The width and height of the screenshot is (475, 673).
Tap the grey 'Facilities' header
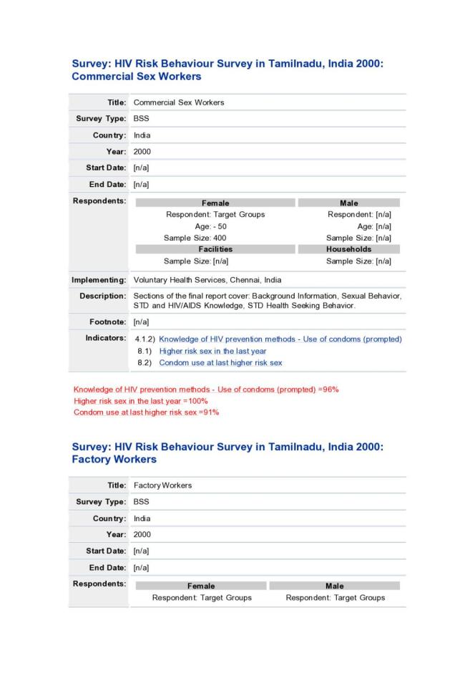point(215,249)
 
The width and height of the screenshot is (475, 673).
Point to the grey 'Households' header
point(348,249)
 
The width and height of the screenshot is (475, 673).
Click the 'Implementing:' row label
point(99,279)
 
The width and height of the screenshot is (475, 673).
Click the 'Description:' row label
point(102,296)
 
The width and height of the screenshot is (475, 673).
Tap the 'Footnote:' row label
point(107,322)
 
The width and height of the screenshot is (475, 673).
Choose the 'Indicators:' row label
point(105,338)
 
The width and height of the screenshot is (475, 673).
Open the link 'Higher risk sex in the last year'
point(212,351)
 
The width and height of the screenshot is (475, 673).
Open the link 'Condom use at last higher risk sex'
point(220,363)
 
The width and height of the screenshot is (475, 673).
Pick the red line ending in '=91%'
point(146,412)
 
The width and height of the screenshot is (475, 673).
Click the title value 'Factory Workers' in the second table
point(162,485)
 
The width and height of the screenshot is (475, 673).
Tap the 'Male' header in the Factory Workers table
point(334,586)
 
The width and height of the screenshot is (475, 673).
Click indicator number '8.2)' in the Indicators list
point(145,363)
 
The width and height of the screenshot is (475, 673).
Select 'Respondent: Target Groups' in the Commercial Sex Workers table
point(215,214)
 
